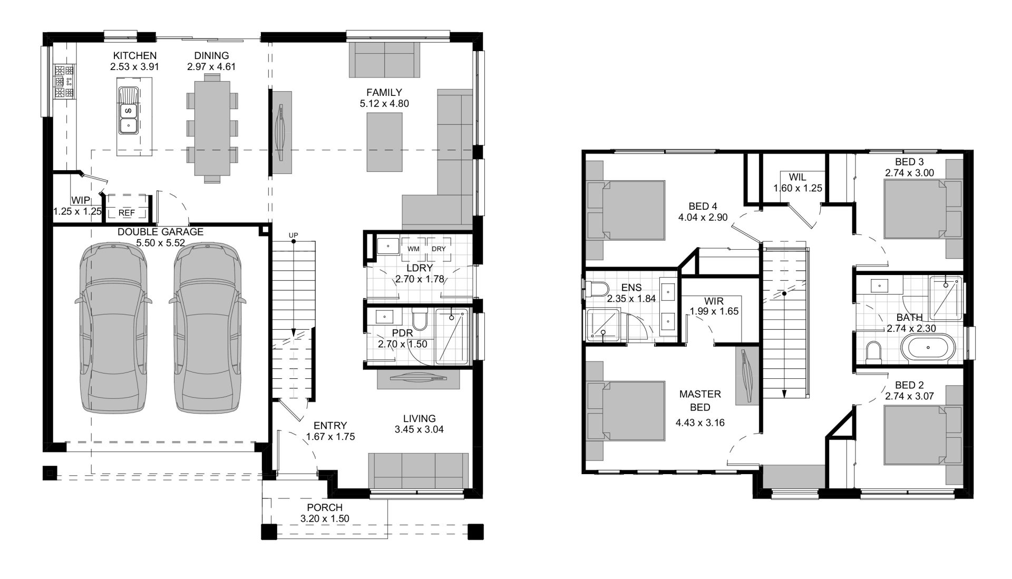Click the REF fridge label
pos(126,213)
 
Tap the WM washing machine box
pos(414,249)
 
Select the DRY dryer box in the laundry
pos(439,249)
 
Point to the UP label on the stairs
pos(294,235)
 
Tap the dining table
pos(212,127)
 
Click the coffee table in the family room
pos(384,142)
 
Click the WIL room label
pos(797,176)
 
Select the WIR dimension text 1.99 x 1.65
pos(714,311)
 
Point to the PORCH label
pos(325,507)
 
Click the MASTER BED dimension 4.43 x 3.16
pos(700,422)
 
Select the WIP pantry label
pos(81,200)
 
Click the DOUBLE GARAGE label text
pos(160,232)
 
